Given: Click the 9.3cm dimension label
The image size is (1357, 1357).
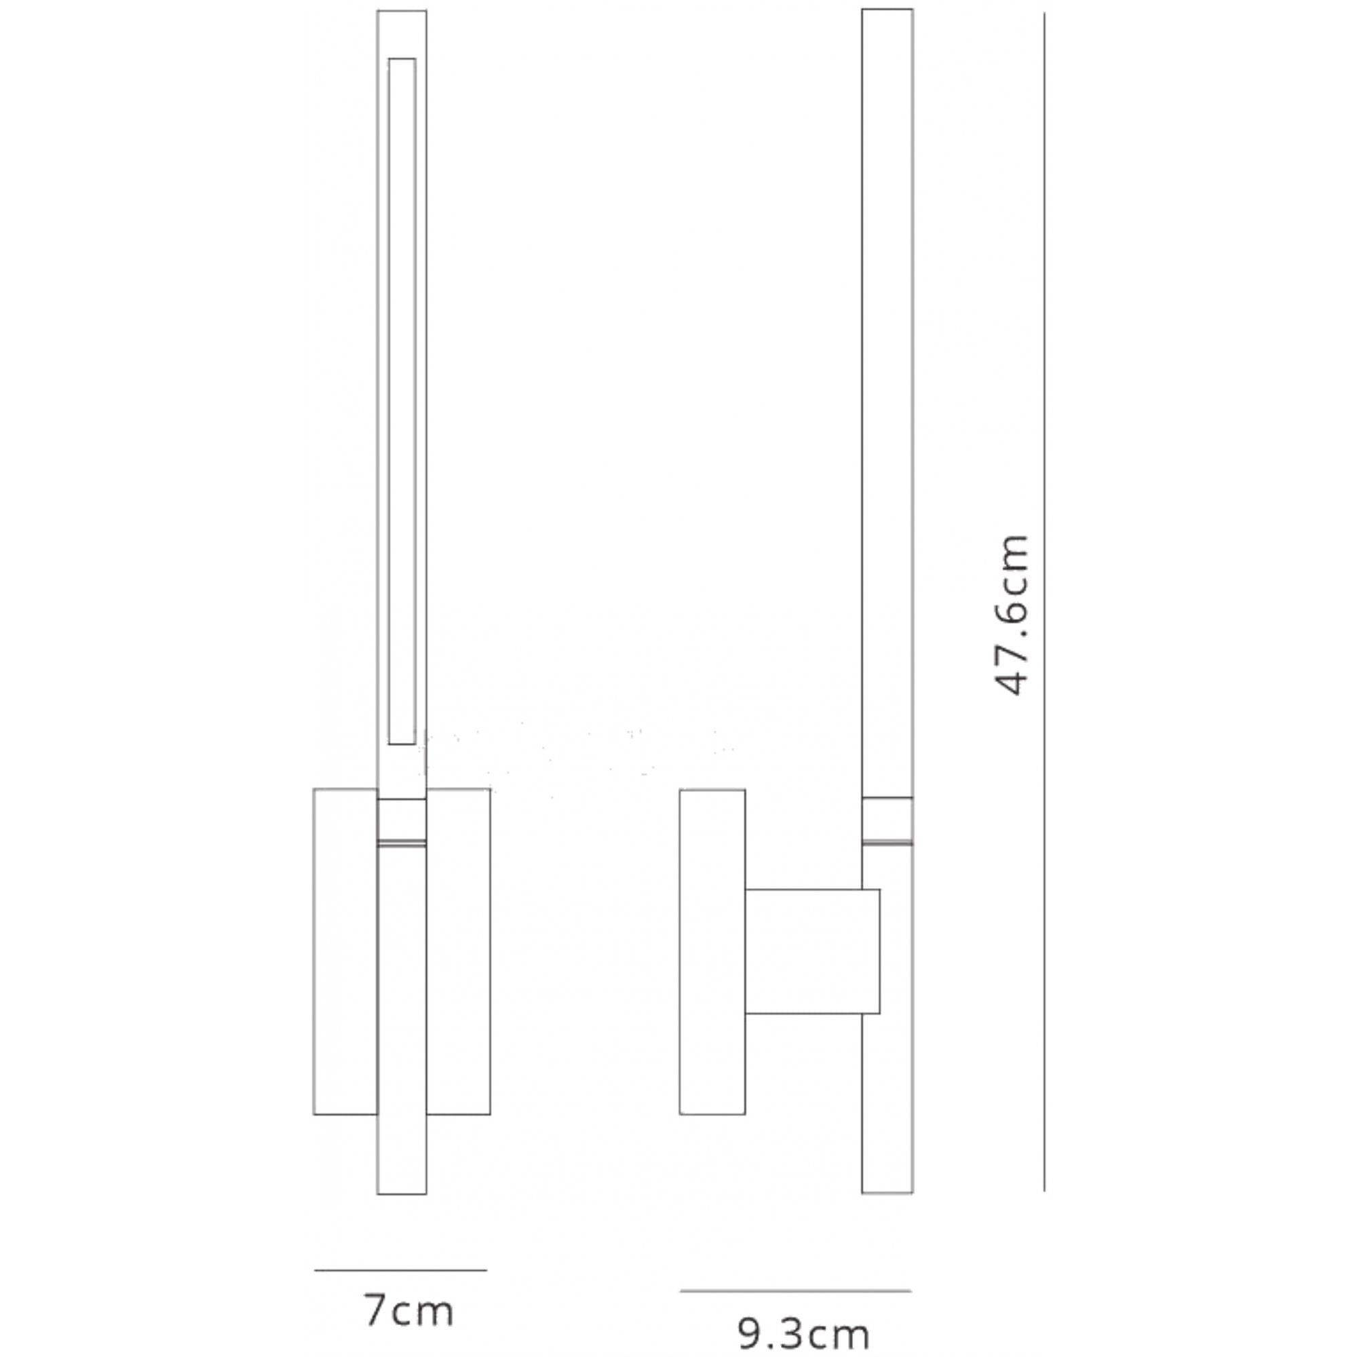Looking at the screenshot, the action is [x=803, y=1333].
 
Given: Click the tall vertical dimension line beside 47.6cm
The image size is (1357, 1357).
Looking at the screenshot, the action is [x=1044, y=602].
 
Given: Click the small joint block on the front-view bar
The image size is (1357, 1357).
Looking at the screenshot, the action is [x=402, y=820].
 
